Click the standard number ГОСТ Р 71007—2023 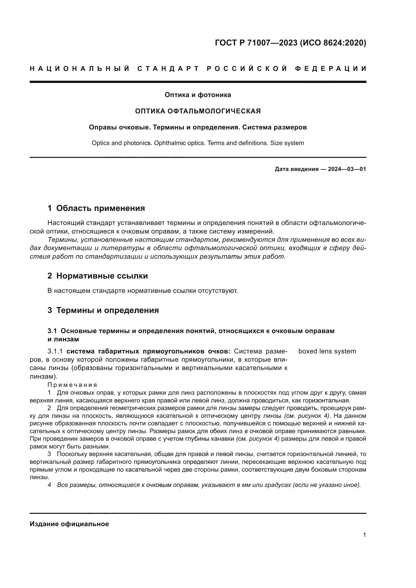(x=256, y=43)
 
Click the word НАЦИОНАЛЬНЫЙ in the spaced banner (x=80, y=69)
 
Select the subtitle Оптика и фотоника (x=198, y=95)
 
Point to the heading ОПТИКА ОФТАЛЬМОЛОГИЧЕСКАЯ (x=198, y=111)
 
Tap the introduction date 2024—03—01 (x=347, y=169)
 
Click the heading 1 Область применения (x=96, y=208)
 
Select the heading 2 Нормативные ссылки (x=98, y=276)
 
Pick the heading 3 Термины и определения (x=103, y=310)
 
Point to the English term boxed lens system (x=327, y=351)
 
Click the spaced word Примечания (x=72, y=385)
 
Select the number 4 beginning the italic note (x=50, y=485)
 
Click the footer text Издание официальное (x=69, y=524)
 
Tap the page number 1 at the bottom (x=364, y=535)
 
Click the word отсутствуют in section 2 (x=218, y=291)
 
